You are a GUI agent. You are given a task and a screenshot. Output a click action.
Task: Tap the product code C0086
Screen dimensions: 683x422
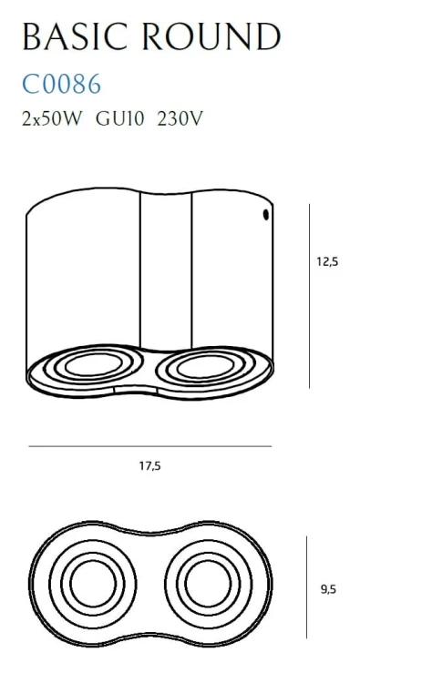(x=61, y=85)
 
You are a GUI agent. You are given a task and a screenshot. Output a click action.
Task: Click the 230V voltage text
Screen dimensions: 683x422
(x=180, y=118)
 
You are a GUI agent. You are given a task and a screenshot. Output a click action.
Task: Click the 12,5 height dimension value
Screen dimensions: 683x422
(x=327, y=261)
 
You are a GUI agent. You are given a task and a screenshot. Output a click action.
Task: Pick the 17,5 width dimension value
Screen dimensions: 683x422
(x=149, y=465)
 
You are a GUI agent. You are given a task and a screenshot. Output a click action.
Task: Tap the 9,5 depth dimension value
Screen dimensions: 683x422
(x=328, y=589)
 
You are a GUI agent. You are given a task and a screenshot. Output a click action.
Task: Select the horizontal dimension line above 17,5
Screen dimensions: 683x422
(x=150, y=446)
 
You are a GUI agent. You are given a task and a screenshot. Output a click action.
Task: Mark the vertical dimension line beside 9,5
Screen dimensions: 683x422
(x=307, y=587)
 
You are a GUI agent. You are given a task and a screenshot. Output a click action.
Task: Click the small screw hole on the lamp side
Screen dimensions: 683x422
(x=265, y=216)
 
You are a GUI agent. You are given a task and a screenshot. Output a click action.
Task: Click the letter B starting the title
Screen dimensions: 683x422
(x=31, y=37)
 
